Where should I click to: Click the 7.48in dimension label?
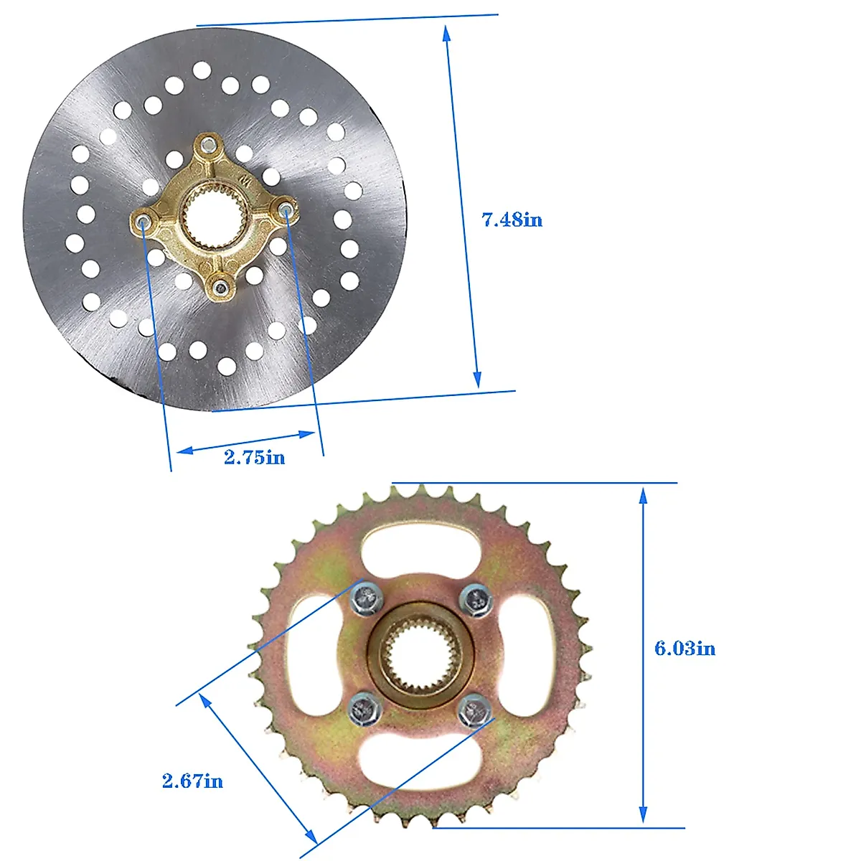(x=512, y=220)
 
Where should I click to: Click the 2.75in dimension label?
(x=254, y=457)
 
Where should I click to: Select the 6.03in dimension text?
(x=684, y=648)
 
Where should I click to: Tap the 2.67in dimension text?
(x=192, y=781)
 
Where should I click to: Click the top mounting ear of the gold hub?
(x=208, y=146)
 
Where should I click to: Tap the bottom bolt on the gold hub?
(x=220, y=287)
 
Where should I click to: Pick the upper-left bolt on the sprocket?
(x=366, y=598)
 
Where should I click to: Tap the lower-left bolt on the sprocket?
(x=364, y=709)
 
